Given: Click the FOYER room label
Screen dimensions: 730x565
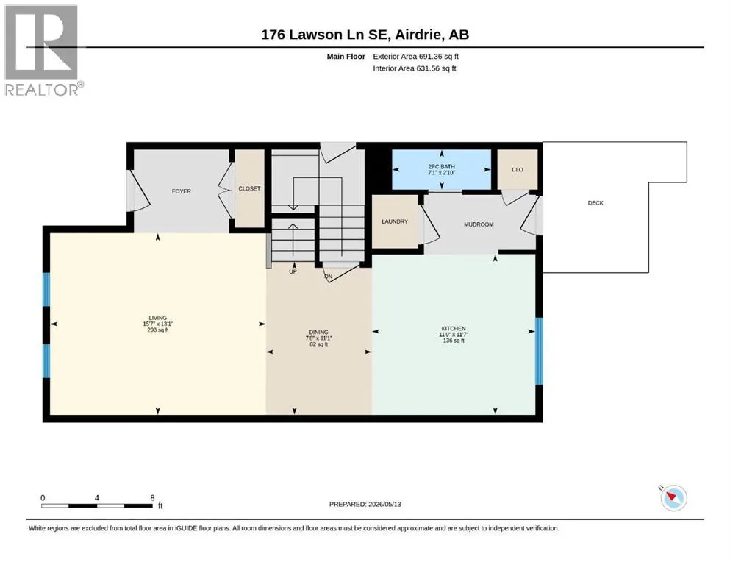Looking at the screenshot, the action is click(181, 191).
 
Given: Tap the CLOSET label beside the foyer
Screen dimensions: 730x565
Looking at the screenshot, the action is click(249, 188).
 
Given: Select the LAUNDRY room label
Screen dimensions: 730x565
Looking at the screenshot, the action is click(395, 221).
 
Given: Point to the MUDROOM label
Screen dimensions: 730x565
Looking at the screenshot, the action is click(479, 224).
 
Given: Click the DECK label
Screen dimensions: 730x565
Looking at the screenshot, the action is click(595, 202).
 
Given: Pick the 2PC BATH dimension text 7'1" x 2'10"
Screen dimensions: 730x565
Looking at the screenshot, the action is click(441, 173).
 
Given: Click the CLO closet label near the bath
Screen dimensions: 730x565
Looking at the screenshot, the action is click(518, 169).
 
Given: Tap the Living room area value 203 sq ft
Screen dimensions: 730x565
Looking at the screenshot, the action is click(158, 330).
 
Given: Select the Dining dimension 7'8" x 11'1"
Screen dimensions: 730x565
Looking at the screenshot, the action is click(319, 338).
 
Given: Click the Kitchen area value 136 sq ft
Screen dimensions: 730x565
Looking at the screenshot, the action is click(454, 341).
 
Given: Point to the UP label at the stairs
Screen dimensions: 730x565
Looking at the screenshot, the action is click(293, 271).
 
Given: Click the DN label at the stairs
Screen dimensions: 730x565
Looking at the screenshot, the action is click(328, 276).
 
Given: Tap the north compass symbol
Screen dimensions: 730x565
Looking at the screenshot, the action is click(673, 497).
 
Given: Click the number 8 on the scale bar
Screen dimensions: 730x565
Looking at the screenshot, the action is click(152, 497).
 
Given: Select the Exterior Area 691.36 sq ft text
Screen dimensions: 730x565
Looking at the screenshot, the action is click(416, 57).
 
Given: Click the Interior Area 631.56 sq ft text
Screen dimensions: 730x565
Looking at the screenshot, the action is click(415, 68).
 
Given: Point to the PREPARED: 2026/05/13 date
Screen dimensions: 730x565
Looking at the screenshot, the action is click(365, 504).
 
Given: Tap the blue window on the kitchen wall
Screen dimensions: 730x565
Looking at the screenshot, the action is click(539, 351).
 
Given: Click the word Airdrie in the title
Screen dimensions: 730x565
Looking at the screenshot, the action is click(419, 35).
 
